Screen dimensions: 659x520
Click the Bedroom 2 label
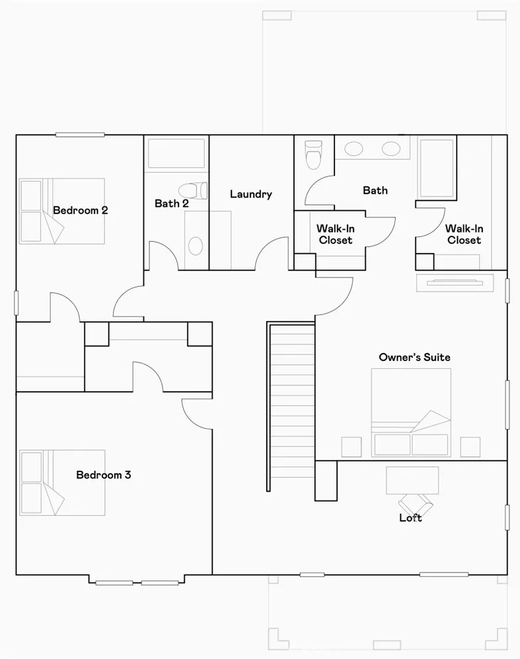click(x=81, y=211)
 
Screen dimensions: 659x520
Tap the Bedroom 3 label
click(x=104, y=475)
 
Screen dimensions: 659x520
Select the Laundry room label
click(x=251, y=194)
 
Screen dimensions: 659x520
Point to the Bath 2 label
click(x=172, y=204)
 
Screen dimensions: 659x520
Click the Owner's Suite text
click(x=414, y=357)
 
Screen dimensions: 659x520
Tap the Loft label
click(x=410, y=518)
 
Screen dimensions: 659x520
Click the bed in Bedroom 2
click(x=62, y=211)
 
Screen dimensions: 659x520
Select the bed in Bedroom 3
click(x=62, y=483)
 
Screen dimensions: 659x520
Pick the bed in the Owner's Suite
click(x=411, y=413)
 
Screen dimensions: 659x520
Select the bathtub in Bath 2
click(x=176, y=153)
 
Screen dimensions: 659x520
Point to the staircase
click(x=291, y=403)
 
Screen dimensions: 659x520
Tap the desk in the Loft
click(x=412, y=479)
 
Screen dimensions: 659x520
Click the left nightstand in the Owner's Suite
click(x=352, y=447)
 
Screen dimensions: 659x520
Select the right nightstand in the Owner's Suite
click(x=470, y=447)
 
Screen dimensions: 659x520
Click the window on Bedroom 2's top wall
click(x=80, y=135)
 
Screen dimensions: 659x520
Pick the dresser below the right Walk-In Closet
click(x=454, y=283)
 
